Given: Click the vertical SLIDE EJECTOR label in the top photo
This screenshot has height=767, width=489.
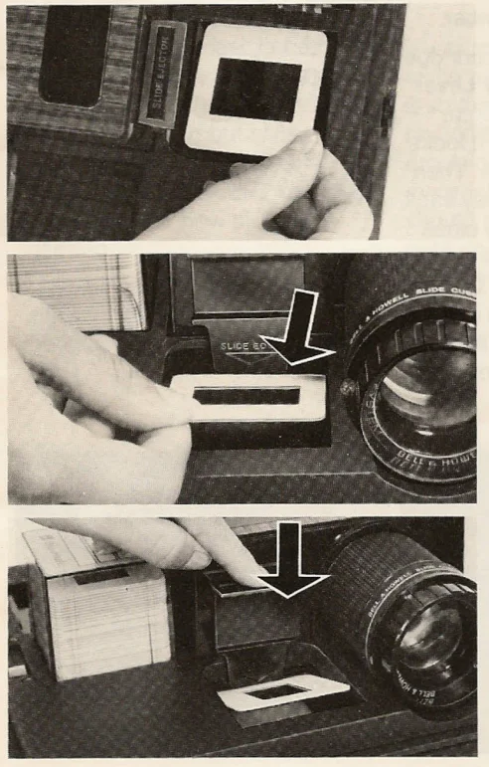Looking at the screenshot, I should point(162,75).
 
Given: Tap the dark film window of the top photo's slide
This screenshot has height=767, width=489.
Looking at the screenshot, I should point(254,89).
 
